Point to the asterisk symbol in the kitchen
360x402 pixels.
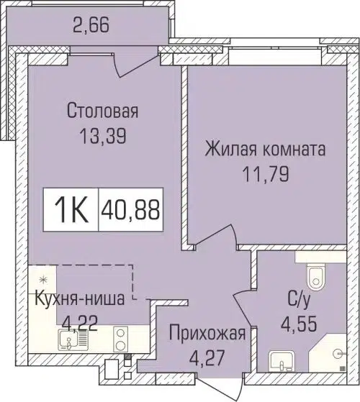click(42, 278)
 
